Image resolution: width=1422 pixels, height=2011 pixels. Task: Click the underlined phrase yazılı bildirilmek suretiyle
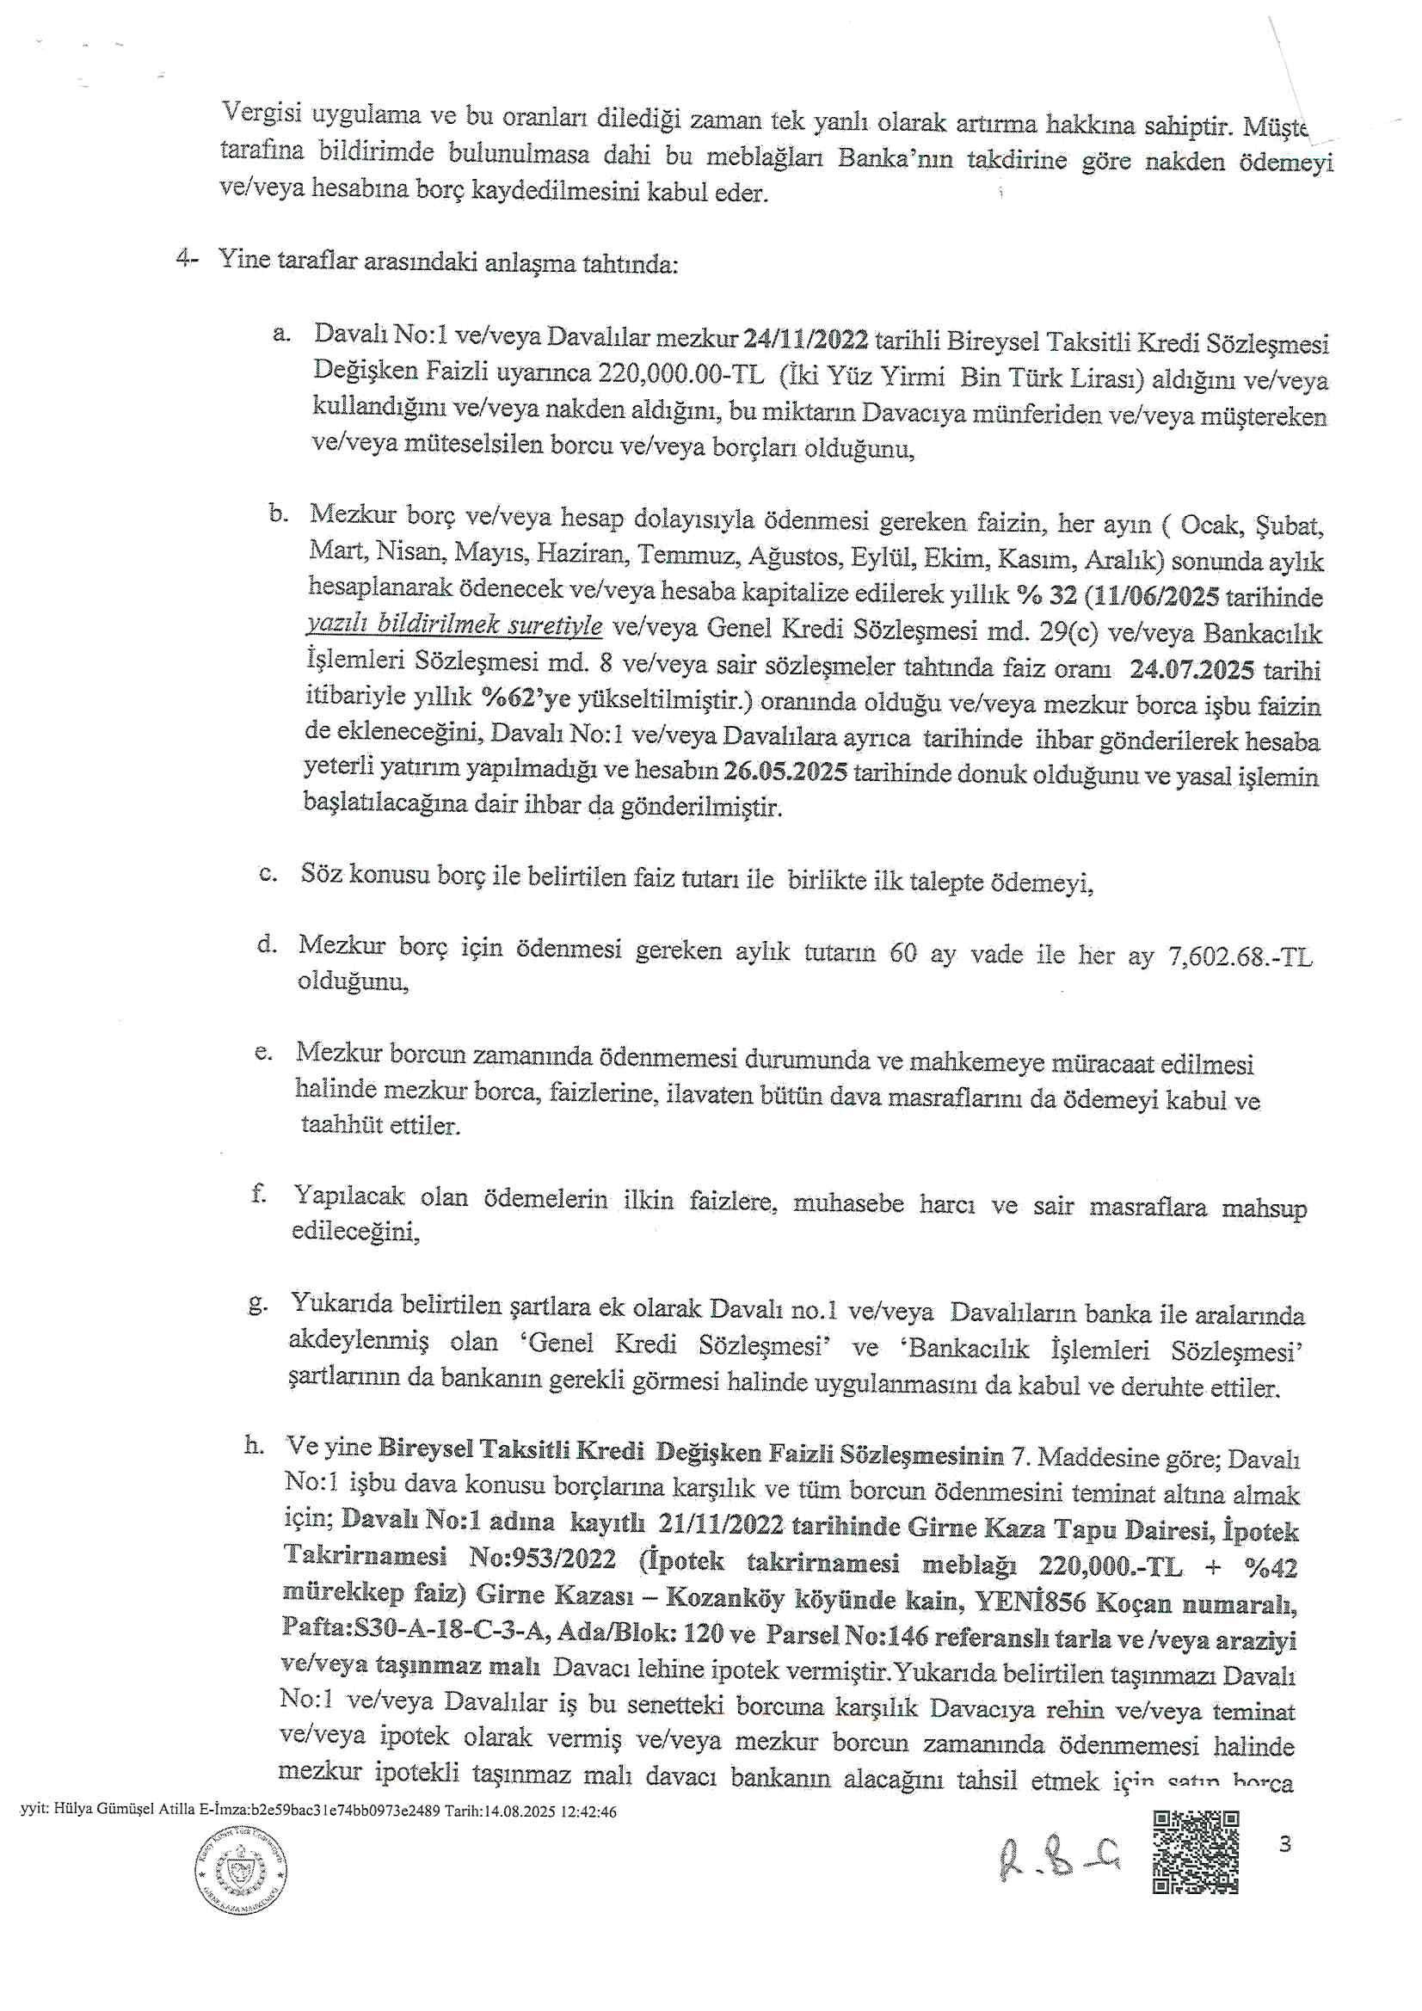coord(454,625)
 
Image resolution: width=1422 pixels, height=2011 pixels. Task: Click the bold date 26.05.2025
coord(786,774)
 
